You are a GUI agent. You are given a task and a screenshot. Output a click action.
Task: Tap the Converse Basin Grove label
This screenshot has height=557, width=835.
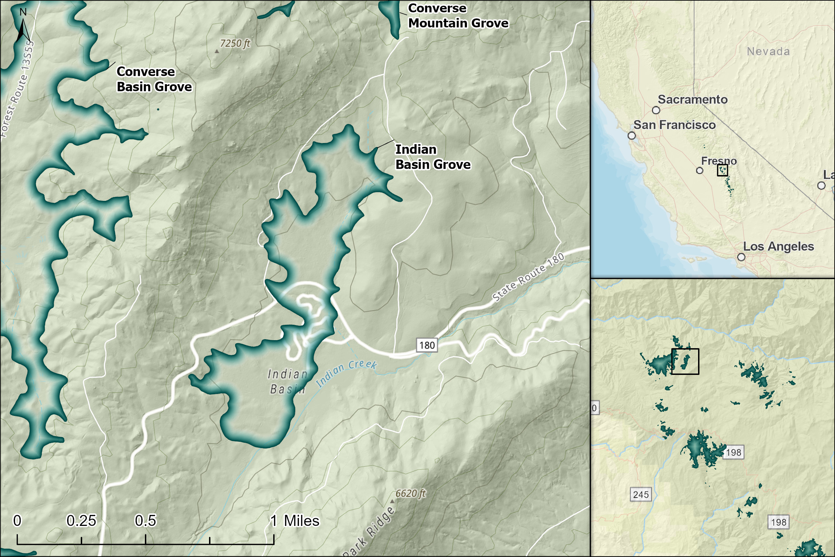[x=154, y=79]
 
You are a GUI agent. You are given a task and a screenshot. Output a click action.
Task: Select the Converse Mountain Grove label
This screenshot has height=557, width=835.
[x=458, y=16]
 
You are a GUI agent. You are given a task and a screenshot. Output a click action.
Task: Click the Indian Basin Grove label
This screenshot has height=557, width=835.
[x=433, y=157]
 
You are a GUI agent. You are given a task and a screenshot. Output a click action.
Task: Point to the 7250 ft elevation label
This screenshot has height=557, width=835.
[x=235, y=43]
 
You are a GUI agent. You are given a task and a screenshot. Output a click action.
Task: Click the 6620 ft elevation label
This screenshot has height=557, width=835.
[x=410, y=494]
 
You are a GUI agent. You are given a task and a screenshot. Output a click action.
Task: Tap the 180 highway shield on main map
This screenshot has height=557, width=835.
[x=427, y=345]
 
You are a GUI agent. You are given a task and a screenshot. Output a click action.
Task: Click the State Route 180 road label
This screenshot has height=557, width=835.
[x=528, y=277]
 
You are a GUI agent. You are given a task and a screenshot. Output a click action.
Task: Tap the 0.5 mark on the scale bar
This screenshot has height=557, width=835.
[x=145, y=521]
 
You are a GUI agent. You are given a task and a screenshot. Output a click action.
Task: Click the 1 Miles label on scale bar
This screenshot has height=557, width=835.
[x=295, y=521]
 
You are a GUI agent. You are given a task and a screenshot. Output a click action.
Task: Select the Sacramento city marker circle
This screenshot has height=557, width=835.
[x=656, y=110]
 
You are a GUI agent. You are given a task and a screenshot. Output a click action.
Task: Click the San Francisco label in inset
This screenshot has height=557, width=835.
[x=674, y=125]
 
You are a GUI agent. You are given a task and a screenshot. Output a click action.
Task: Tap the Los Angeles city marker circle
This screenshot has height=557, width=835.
[x=741, y=257]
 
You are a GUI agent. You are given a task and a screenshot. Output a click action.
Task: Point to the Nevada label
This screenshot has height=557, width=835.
[x=768, y=51]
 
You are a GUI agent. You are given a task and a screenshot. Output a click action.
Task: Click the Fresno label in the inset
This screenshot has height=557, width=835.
[x=718, y=161]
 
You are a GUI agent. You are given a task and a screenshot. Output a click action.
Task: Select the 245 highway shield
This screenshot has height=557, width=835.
[x=641, y=495]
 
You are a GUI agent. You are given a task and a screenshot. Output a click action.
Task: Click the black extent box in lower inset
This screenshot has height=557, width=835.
[x=685, y=361]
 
